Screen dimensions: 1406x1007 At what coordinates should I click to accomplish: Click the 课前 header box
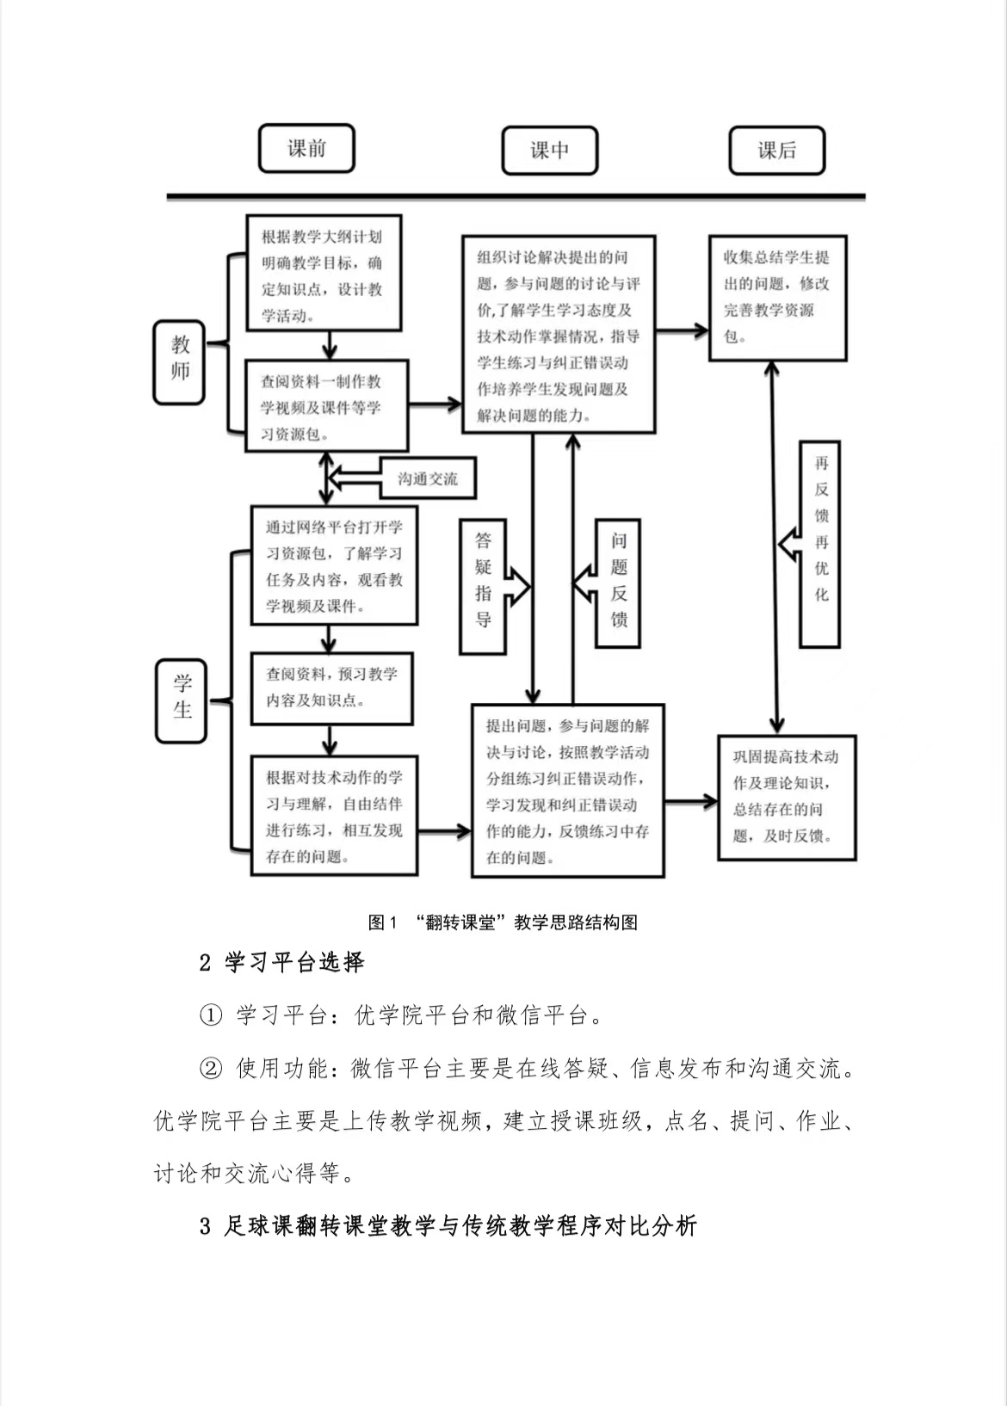click(x=306, y=148)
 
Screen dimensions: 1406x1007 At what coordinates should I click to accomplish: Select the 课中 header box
click(x=549, y=151)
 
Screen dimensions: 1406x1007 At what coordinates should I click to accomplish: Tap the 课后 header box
click(x=776, y=151)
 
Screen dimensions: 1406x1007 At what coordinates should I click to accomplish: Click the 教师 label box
click(x=179, y=361)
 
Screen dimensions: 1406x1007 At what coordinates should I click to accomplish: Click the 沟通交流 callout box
click(x=428, y=478)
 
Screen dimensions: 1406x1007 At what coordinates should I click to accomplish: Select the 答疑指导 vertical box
click(x=483, y=585)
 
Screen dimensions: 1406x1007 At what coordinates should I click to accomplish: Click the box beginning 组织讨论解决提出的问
click(x=558, y=334)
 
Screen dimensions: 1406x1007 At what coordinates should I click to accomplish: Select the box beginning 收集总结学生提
click(x=776, y=298)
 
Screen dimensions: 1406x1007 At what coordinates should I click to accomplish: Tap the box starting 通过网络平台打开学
click(x=333, y=565)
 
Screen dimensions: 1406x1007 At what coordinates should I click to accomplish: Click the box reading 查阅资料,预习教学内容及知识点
click(x=331, y=688)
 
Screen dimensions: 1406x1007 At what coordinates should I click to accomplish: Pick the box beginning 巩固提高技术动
click(x=787, y=797)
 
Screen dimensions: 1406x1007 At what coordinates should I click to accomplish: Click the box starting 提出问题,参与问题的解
click(x=567, y=791)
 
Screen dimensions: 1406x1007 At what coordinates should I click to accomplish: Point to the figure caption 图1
click(x=503, y=922)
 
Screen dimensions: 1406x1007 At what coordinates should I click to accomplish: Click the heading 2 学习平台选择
click(x=281, y=962)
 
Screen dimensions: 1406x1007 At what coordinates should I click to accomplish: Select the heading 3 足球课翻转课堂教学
click(x=448, y=1225)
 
